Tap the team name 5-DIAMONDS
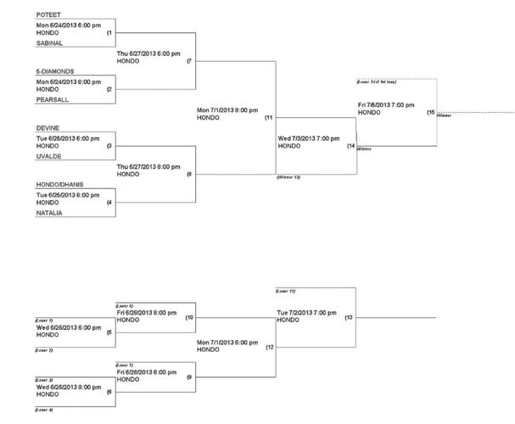(x=53, y=71)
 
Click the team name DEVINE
(x=47, y=127)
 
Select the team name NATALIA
(x=48, y=213)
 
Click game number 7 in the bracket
(x=189, y=61)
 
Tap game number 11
(x=268, y=117)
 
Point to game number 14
(x=350, y=146)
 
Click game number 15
(x=431, y=112)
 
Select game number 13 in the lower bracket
(x=349, y=316)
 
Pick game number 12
(x=270, y=347)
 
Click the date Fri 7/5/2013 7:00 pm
(x=386, y=104)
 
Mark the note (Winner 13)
(x=289, y=178)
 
